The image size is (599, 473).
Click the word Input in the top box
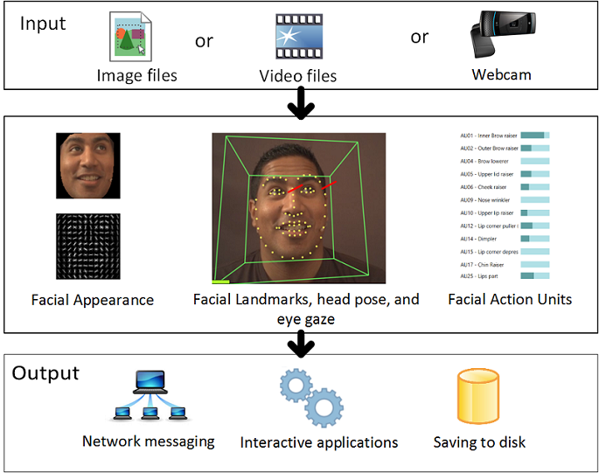click(43, 23)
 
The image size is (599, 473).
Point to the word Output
click(45, 373)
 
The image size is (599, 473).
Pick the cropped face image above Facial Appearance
click(88, 166)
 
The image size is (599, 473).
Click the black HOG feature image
click(88, 246)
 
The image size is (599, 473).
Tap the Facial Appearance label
click(93, 300)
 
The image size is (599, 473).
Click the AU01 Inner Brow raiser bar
click(534, 136)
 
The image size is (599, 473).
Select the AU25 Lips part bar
click(534, 276)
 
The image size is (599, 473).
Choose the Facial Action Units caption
click(510, 299)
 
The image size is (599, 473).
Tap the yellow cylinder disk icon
click(478, 398)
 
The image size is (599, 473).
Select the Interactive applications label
click(319, 442)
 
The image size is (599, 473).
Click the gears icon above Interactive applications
click(310, 398)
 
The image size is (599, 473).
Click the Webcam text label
click(501, 74)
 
